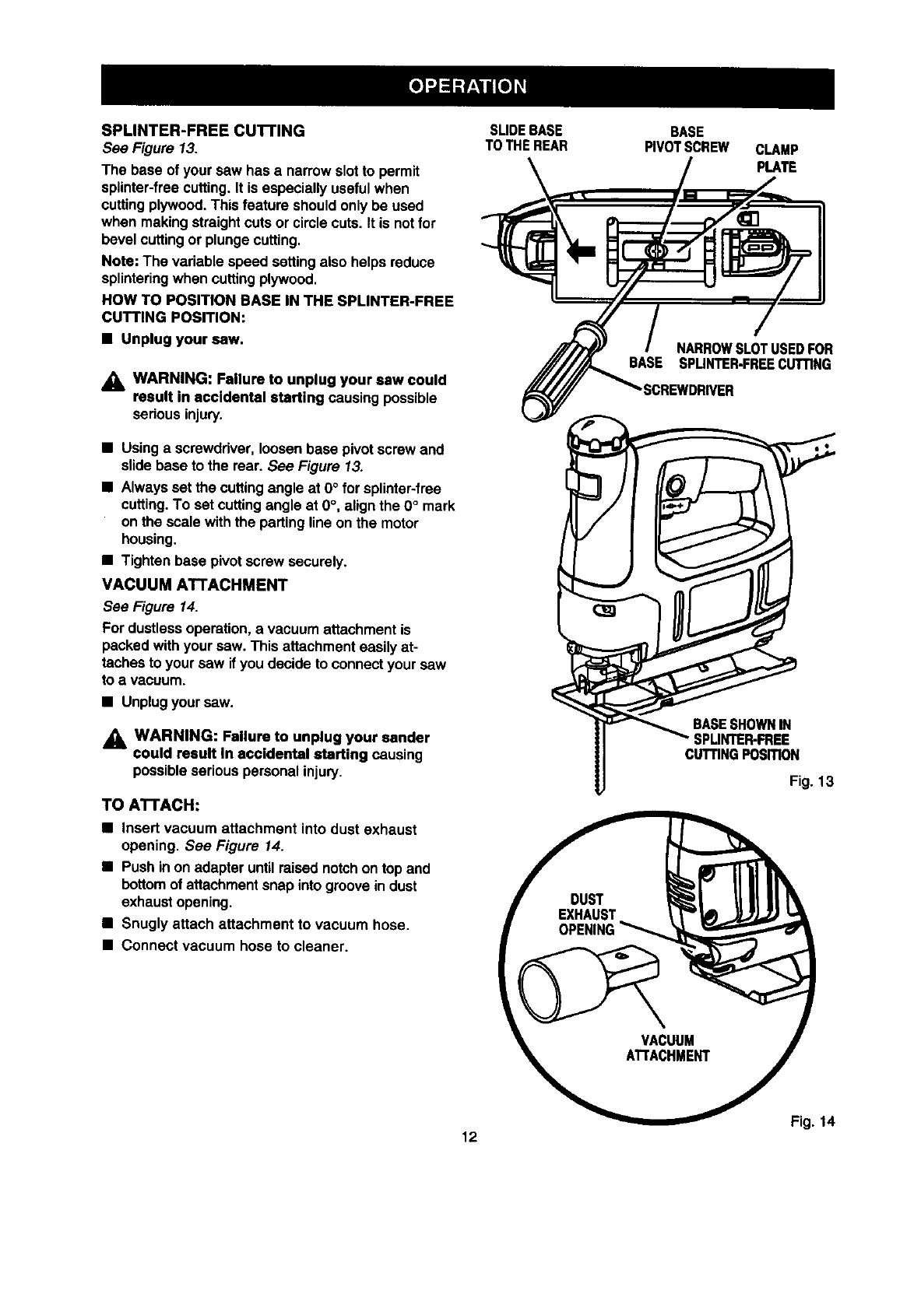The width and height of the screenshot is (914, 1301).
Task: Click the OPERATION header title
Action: coord(468,85)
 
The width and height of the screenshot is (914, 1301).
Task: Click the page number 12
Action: coord(468,1137)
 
